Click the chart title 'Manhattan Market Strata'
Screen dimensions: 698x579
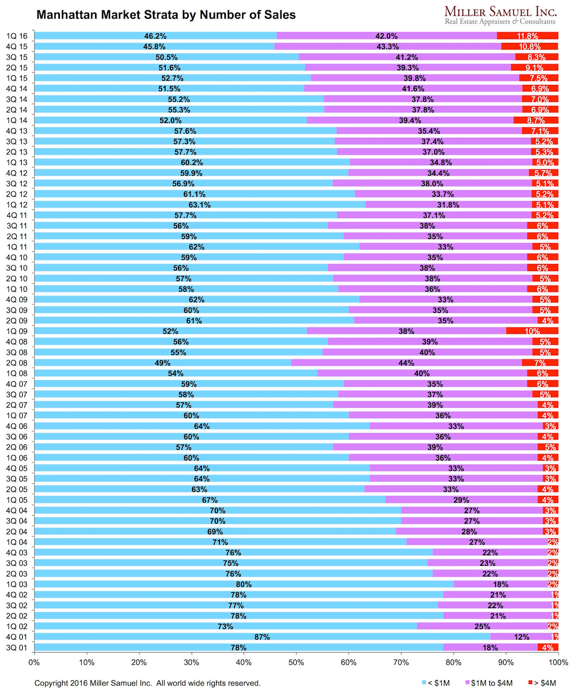pyautogui.click(x=166, y=15)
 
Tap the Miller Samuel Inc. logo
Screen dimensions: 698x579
pyautogui.click(x=500, y=15)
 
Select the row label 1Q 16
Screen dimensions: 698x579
pyautogui.click(x=17, y=36)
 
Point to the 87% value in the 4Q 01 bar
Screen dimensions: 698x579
pyautogui.click(x=262, y=637)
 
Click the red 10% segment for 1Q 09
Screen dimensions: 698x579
pyautogui.click(x=532, y=331)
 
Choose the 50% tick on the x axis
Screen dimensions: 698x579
pyautogui.click(x=296, y=662)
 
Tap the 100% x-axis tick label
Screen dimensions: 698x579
pyautogui.click(x=558, y=662)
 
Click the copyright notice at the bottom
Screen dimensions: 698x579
pyautogui.click(x=147, y=683)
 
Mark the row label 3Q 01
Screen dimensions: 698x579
pyautogui.click(x=17, y=648)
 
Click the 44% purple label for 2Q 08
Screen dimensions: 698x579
pyautogui.click(x=406, y=363)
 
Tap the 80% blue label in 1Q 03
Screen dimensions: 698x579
pyautogui.click(x=244, y=585)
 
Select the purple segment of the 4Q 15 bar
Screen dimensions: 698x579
pyautogui.click(x=387, y=47)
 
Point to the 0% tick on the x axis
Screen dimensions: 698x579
pyautogui.click(x=34, y=662)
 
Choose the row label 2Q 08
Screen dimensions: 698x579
pyautogui.click(x=17, y=363)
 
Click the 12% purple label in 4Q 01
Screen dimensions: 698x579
pyautogui.click(x=522, y=637)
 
